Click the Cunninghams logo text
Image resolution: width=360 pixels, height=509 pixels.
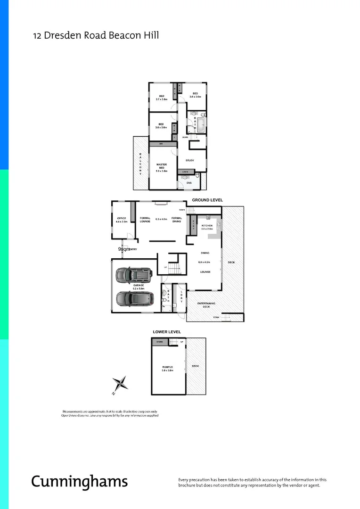pos(79,481)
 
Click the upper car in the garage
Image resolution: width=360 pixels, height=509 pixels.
pos(134,275)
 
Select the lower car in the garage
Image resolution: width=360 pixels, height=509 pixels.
pos(133,298)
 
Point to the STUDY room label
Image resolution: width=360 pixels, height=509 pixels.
pos(190,160)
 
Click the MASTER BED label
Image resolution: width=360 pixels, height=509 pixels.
pos(162,166)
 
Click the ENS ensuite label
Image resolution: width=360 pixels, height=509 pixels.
pos(189,182)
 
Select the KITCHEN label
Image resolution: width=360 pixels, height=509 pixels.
pos(207,226)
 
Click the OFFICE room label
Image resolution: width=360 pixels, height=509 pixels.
pos(121,218)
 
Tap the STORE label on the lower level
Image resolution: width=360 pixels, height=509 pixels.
pos(160,342)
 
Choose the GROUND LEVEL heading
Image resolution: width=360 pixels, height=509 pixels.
pos(207,200)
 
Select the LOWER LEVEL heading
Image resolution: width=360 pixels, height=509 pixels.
pos(167,332)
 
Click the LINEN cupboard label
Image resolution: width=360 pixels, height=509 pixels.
pos(186,172)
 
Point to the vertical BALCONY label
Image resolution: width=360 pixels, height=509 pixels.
pos(140,164)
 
